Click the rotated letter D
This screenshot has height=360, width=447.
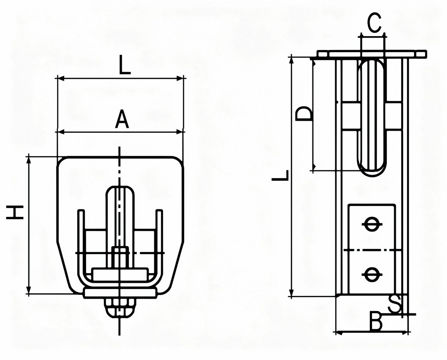tap(304, 113)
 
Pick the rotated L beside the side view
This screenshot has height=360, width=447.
tap(280, 175)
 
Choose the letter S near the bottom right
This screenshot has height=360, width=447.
tap(395, 304)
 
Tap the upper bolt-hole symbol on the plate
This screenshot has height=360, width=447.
tap(372, 224)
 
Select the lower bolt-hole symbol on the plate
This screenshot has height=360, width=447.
tap(372, 275)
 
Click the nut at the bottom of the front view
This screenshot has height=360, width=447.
tap(120, 308)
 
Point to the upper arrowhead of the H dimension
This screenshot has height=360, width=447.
tap(28, 160)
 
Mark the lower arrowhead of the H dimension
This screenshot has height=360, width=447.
tap(28, 290)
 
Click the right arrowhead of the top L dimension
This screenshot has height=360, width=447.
tap(180, 78)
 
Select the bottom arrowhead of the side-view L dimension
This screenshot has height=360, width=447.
tap(291, 292)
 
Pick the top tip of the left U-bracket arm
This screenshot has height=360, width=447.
tap(81, 211)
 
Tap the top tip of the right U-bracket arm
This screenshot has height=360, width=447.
tap(159, 211)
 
